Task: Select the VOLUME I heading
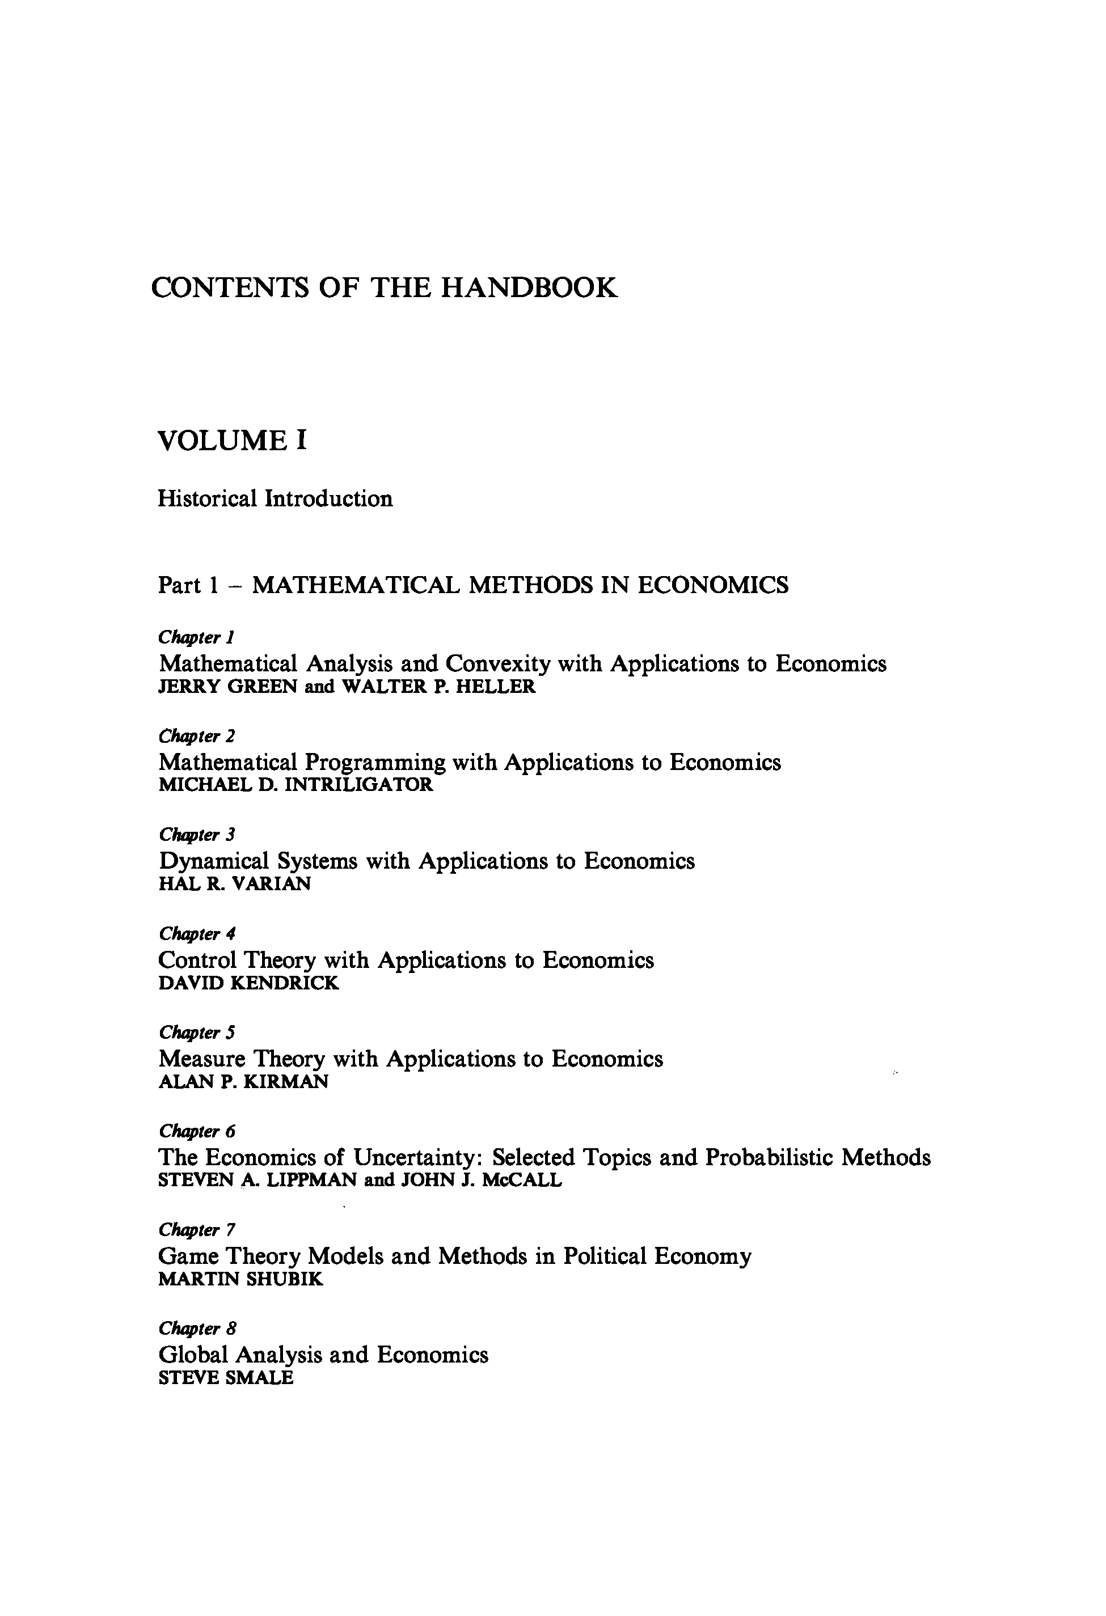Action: click(233, 441)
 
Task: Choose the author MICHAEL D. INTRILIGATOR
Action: click(296, 785)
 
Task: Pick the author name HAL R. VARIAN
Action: click(234, 884)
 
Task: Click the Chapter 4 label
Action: click(197, 933)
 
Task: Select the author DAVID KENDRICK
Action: click(248, 983)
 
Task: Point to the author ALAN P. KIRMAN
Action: click(243, 1081)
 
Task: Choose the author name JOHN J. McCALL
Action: click(482, 1180)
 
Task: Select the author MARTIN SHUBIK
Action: click(240, 1279)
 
